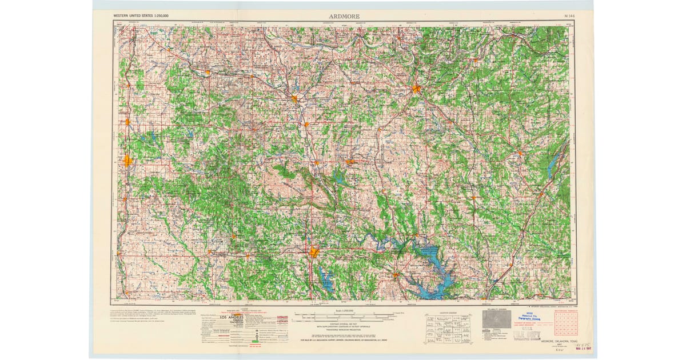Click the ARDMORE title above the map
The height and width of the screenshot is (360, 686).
click(344, 17)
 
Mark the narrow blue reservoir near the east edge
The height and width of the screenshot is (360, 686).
click(551, 167)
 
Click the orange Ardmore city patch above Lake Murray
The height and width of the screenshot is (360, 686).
click(314, 252)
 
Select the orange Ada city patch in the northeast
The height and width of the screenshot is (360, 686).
click(416, 89)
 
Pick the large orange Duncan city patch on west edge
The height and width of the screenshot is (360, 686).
click(127, 161)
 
